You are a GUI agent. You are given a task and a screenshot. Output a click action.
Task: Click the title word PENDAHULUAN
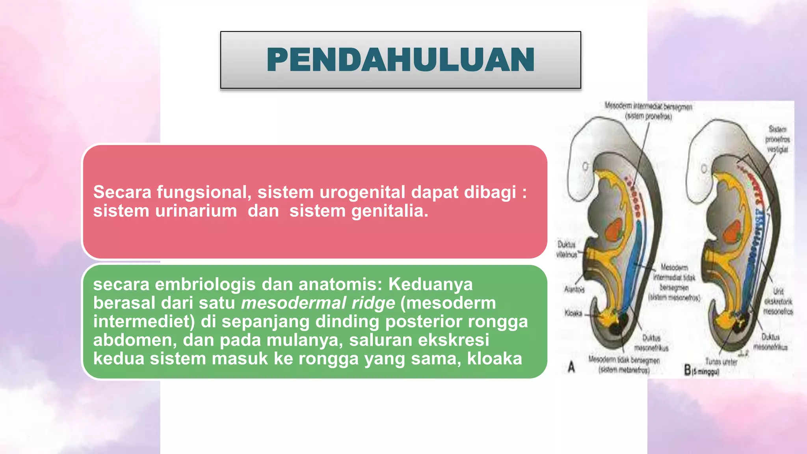pyautogui.click(x=400, y=60)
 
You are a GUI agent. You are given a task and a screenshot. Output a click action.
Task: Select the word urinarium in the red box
pyautogui.click(x=196, y=211)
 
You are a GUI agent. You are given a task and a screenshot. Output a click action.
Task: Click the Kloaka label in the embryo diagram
pyautogui.click(x=573, y=313)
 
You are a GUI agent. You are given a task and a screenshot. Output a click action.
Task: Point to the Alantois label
pyautogui.click(x=574, y=290)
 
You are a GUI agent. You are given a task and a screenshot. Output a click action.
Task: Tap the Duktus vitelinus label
pyautogui.click(x=567, y=249)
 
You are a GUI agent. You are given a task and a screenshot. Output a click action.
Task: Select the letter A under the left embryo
pyautogui.click(x=571, y=368)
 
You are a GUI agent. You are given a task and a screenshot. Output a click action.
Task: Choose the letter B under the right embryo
pyautogui.click(x=688, y=370)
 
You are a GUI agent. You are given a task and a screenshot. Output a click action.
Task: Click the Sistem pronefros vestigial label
pyautogui.click(x=777, y=139)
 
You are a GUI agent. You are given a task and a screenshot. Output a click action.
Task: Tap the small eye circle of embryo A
pyautogui.click(x=586, y=167)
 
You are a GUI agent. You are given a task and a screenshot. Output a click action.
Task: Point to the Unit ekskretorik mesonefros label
pyautogui.click(x=778, y=301)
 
